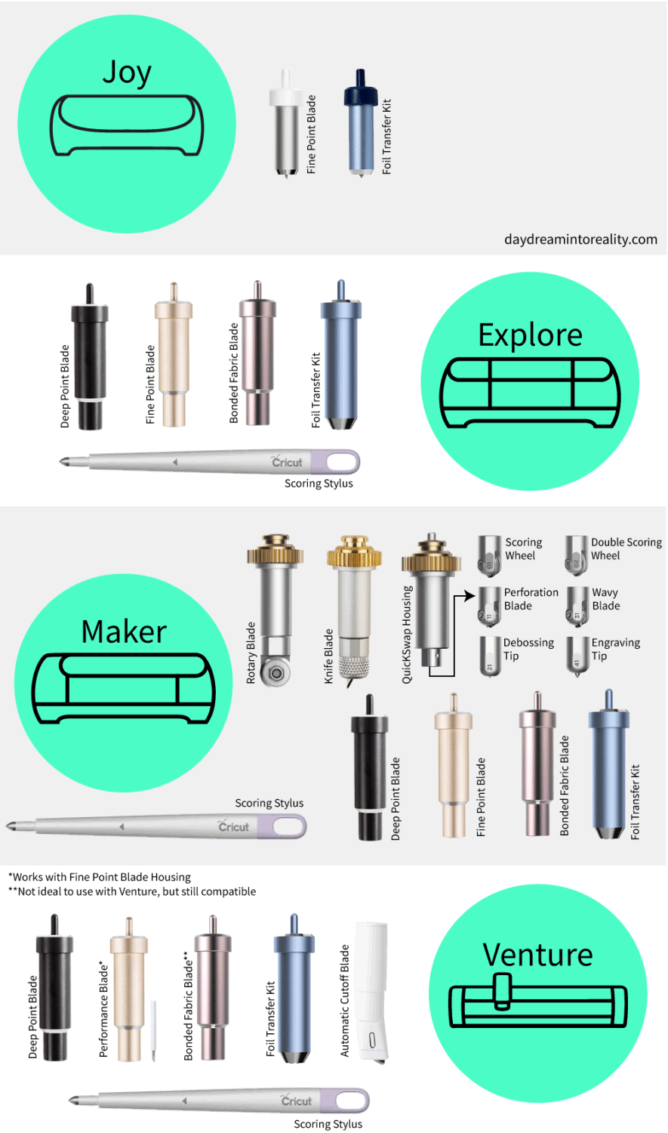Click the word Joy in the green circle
127,73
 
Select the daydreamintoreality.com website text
580,239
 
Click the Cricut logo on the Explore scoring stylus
288,462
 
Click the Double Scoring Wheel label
626,549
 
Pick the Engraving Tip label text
615,649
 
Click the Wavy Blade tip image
577,606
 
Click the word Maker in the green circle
124,632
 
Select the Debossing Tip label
528,649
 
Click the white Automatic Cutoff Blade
371,989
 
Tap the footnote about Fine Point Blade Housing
100,877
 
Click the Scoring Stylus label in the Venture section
328,1124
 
